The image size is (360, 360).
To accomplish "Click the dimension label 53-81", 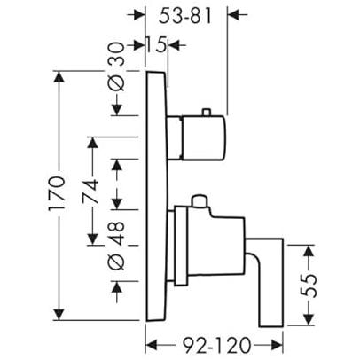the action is (185, 17).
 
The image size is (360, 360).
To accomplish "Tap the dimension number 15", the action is (156, 45).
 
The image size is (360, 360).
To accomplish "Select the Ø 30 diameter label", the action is (116, 67).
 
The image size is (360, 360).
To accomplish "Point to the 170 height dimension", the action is (56, 193).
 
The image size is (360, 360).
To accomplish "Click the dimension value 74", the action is (90, 192).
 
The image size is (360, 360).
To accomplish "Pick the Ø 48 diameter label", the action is (116, 246).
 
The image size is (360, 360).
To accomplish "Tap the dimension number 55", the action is (309, 286).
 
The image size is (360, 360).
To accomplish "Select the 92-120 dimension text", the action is (216, 345).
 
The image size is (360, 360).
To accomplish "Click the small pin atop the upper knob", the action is (207, 113).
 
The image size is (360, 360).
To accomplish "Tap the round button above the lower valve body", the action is (200, 201).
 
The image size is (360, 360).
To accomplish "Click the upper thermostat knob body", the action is (204, 138).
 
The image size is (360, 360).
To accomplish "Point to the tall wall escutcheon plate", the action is (157, 196).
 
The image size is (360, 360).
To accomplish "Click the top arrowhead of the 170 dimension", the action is (59, 77).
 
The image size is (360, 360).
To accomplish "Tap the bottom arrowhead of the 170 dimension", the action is (59, 314).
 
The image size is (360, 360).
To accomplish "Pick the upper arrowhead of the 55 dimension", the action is (309, 251).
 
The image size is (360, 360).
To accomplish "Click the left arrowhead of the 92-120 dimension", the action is (152, 345).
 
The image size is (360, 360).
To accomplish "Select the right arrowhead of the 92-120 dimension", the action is (278, 345).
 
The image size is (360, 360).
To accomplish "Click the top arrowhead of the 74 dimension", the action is (93, 143).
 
